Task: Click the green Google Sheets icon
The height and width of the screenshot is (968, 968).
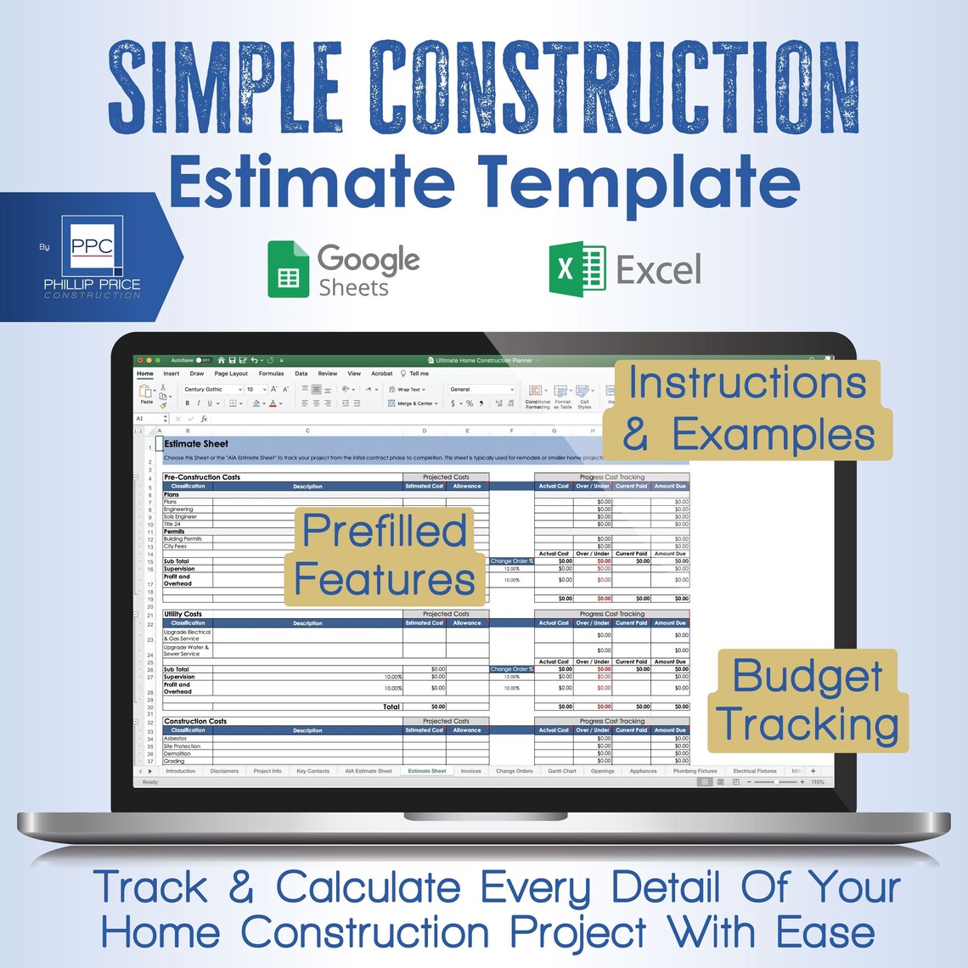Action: coord(289,269)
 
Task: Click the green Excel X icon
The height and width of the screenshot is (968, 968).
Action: coord(577,270)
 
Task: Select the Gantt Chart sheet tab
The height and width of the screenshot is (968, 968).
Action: coord(561,771)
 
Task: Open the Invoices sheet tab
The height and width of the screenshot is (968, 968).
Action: coord(470,771)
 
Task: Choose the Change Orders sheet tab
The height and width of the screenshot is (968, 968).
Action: coord(514,771)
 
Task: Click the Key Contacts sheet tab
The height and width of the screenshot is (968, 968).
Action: coord(312,771)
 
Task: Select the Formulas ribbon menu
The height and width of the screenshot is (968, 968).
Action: coord(271,374)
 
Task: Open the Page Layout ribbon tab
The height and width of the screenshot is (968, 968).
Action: coord(231,374)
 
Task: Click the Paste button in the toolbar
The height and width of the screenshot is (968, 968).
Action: coord(146,395)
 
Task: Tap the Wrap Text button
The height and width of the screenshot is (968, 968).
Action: coord(408,390)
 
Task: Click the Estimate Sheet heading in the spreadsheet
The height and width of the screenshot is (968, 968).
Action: coord(196,443)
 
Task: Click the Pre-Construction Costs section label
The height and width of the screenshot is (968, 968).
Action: coord(202,477)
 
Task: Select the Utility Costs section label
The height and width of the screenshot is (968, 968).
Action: coord(183,614)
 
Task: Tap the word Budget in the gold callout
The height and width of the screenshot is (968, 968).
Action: coord(807,677)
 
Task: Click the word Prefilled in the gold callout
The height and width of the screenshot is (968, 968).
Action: coord(385,532)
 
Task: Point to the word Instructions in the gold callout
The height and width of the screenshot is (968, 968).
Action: coord(747,383)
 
